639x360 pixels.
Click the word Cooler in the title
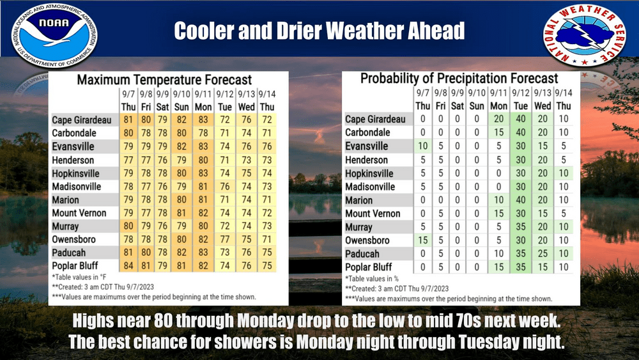[x=210, y=31]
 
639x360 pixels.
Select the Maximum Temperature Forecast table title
[x=164, y=80]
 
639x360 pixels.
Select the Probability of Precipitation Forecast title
[x=459, y=79]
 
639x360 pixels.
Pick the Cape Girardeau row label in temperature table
[x=82, y=120]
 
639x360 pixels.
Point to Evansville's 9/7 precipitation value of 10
[x=422, y=146]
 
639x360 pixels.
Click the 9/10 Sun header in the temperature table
[x=181, y=100]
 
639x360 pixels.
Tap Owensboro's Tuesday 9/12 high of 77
[x=224, y=240]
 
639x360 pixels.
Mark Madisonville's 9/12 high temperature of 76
[x=224, y=187]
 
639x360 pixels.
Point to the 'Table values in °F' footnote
[x=80, y=278]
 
